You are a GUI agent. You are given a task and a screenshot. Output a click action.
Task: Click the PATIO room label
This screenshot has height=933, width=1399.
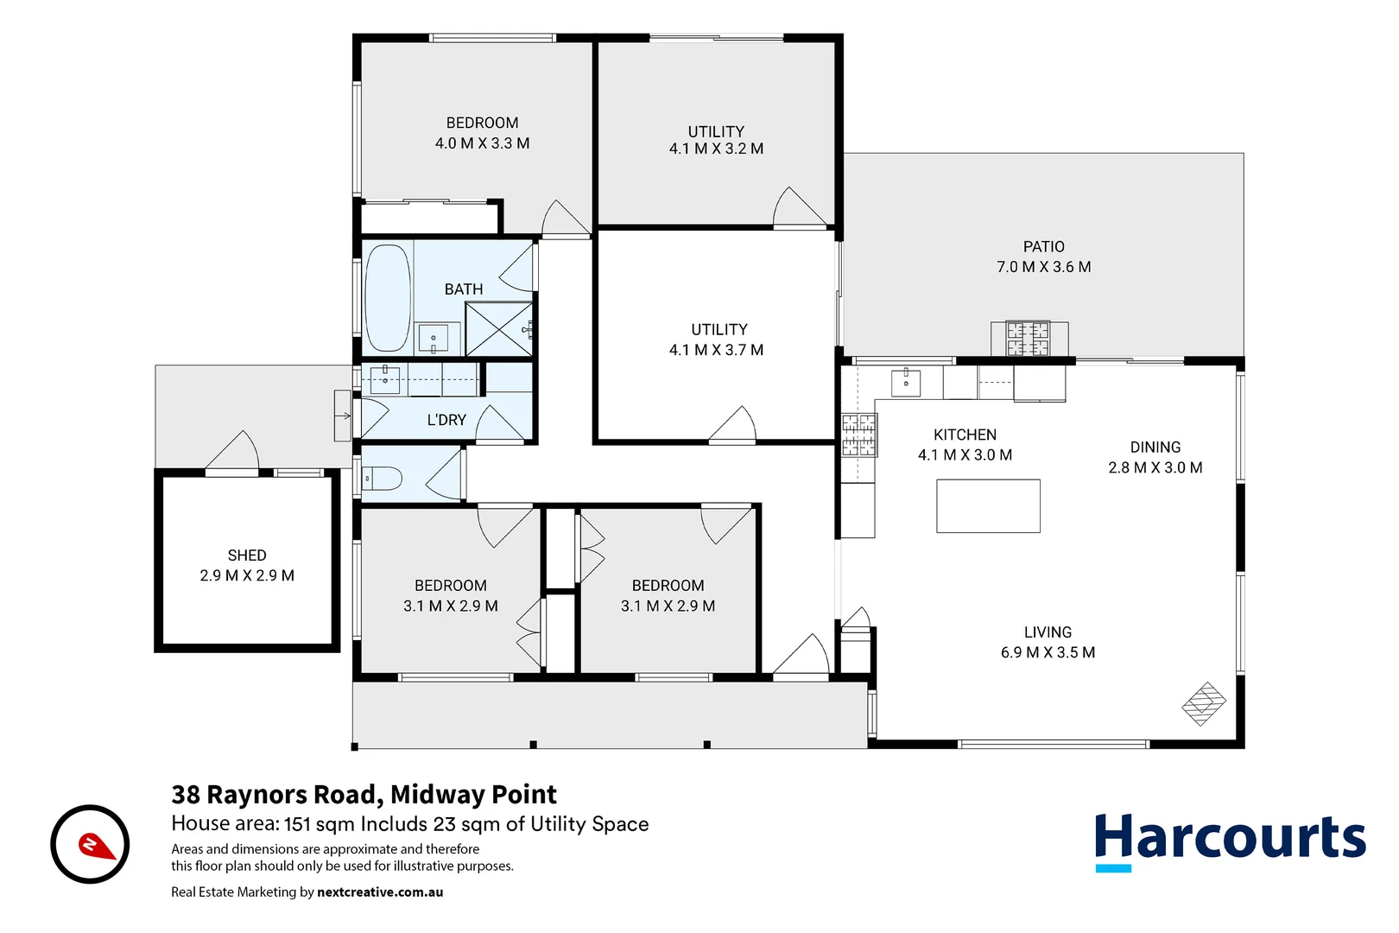[1043, 247]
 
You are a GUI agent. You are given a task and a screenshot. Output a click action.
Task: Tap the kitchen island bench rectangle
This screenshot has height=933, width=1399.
[988, 506]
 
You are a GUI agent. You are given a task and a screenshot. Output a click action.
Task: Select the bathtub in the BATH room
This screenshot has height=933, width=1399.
[387, 298]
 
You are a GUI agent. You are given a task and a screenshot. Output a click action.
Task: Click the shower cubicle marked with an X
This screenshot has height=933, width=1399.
[499, 329]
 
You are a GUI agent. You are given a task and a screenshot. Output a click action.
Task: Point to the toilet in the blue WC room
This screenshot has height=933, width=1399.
[383, 478]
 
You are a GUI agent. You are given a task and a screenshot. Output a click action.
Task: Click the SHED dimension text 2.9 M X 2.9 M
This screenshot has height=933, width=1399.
[247, 575]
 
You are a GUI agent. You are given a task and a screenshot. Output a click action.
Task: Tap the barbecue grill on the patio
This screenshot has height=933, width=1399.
[1028, 339]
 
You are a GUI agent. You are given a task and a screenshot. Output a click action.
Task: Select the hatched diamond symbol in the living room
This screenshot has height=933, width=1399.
[1204, 703]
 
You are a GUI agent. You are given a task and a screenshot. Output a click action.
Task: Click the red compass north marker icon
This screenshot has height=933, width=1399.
[97, 846]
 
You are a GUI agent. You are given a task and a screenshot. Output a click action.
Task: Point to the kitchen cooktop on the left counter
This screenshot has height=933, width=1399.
[859, 435]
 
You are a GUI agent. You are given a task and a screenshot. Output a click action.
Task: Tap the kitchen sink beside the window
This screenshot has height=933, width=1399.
[905, 382]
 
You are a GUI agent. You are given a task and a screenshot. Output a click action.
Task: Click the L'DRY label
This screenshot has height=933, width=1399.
[446, 420]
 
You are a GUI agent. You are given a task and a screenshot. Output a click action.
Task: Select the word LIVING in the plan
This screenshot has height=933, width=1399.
[1048, 632]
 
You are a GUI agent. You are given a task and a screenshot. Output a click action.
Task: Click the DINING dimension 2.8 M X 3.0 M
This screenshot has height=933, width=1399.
[1155, 467]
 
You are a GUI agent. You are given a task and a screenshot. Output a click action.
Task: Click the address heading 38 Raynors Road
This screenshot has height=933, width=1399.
[364, 794]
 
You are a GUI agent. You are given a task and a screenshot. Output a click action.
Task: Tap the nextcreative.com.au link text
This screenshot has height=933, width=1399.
[380, 892]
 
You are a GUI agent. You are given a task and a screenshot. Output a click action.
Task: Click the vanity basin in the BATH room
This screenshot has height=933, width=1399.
[433, 338]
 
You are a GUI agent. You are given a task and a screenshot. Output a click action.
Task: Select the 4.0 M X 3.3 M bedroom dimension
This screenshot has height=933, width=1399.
[482, 143]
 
